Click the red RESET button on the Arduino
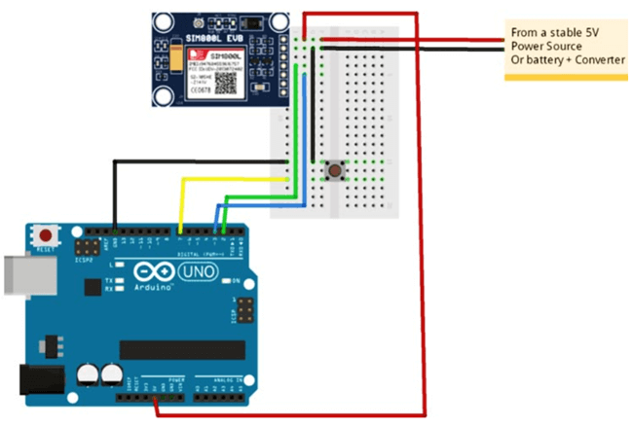(44, 234)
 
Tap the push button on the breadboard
(335, 171)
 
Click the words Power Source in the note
(546, 46)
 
